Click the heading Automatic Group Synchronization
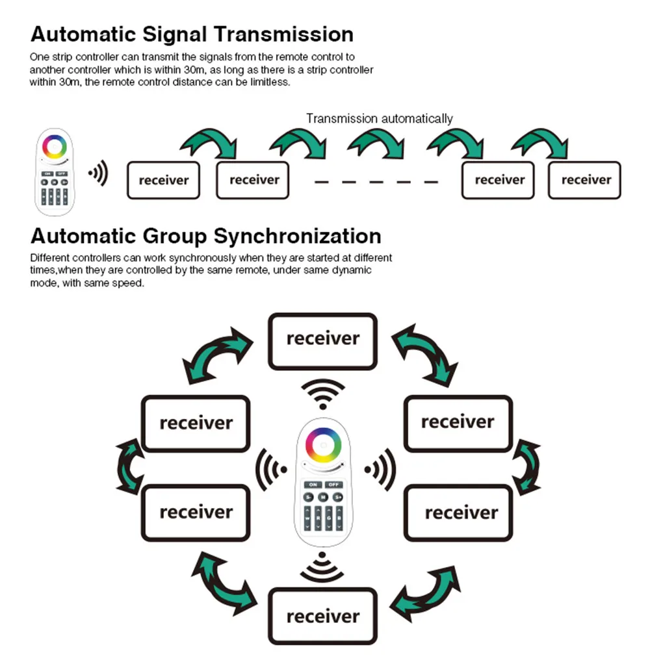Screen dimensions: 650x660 click(x=206, y=236)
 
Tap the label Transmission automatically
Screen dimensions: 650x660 click(x=380, y=119)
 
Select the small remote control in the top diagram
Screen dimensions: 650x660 click(x=55, y=171)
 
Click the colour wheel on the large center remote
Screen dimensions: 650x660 click(x=323, y=446)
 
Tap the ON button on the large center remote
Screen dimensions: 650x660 click(x=313, y=485)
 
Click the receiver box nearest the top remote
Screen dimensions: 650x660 click(x=163, y=180)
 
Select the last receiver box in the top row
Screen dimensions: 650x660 click(x=585, y=180)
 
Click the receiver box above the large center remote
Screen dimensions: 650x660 click(x=322, y=341)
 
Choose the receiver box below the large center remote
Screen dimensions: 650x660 click(x=322, y=616)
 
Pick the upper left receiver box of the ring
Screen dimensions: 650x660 click(x=196, y=424)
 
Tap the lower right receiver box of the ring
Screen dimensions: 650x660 click(x=458, y=513)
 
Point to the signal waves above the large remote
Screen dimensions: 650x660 click(x=323, y=394)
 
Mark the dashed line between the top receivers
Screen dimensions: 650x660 click(x=376, y=183)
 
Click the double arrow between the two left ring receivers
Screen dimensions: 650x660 click(x=129, y=467)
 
